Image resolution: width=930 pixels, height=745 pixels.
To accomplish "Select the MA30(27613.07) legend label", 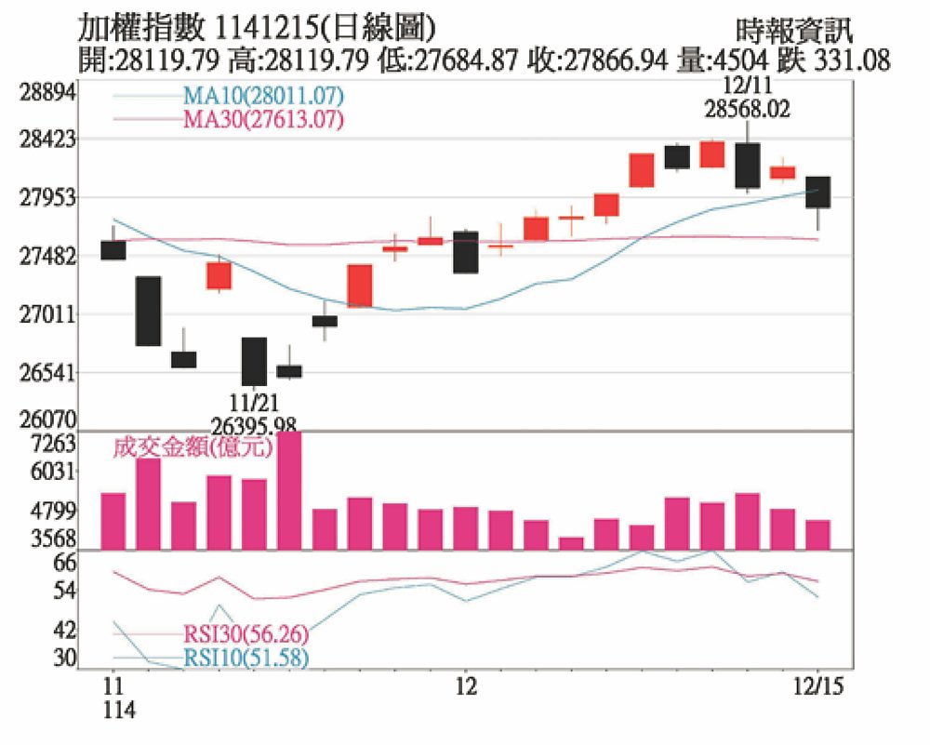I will (263, 119).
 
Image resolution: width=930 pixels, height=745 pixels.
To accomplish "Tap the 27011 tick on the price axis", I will (46, 315).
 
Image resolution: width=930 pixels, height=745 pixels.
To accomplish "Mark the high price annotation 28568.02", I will (748, 109).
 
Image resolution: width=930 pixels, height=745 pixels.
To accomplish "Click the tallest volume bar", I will (289, 491).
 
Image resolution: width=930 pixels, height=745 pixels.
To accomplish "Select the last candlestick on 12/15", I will (818, 192).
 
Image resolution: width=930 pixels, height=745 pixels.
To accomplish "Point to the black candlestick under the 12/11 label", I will (748, 166).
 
